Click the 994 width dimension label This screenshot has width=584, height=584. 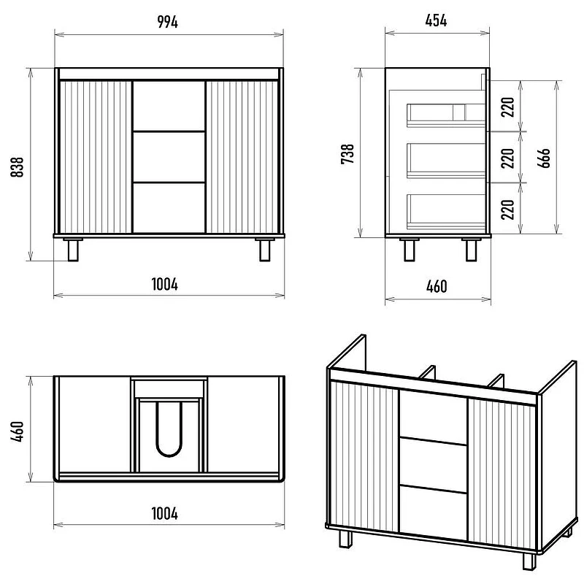pyautogui.click(x=168, y=22)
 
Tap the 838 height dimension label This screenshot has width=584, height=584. pyautogui.click(x=17, y=167)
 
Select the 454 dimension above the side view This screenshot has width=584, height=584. pyautogui.click(x=436, y=20)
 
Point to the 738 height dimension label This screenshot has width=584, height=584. pyautogui.click(x=347, y=154)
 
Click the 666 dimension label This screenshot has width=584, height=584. pyautogui.click(x=544, y=158)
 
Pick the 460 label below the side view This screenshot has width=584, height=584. pyautogui.click(x=437, y=286)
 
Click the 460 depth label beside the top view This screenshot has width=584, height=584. pyautogui.click(x=17, y=431)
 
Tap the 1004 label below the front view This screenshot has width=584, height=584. pyautogui.click(x=165, y=284)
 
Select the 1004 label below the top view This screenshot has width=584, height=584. pyautogui.click(x=165, y=514)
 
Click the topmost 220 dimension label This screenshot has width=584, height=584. pyautogui.click(x=507, y=107)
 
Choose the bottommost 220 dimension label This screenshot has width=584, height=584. pyautogui.click(x=507, y=210)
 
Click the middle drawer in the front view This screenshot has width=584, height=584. pyautogui.click(x=169, y=157)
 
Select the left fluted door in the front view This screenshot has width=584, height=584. pyautogui.click(x=96, y=157)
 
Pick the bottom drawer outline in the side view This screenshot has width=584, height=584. pyautogui.click(x=446, y=212)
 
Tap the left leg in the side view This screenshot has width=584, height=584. pyautogui.click(x=409, y=250)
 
